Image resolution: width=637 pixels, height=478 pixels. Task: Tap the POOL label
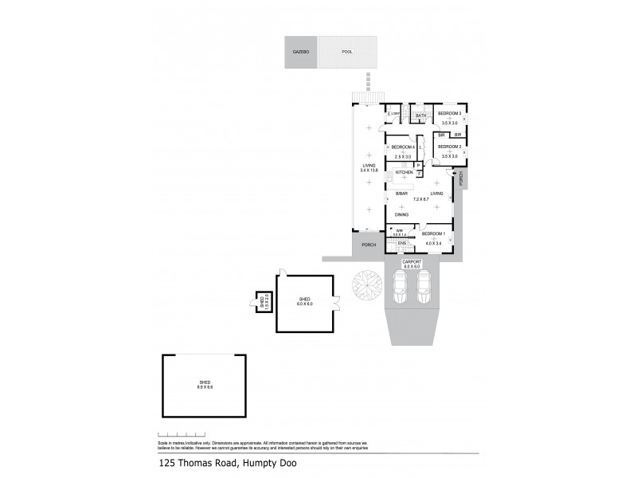347,52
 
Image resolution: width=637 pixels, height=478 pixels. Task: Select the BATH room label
421,116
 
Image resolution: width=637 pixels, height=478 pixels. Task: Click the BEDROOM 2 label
450,147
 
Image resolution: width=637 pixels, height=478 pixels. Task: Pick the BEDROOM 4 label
403,147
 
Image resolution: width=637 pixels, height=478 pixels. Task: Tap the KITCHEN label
404,173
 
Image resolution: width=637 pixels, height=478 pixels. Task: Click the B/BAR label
402,194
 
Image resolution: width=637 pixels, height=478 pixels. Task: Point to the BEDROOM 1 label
434,233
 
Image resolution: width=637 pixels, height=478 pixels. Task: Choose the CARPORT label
412,262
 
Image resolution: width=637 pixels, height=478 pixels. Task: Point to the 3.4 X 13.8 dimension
367,170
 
